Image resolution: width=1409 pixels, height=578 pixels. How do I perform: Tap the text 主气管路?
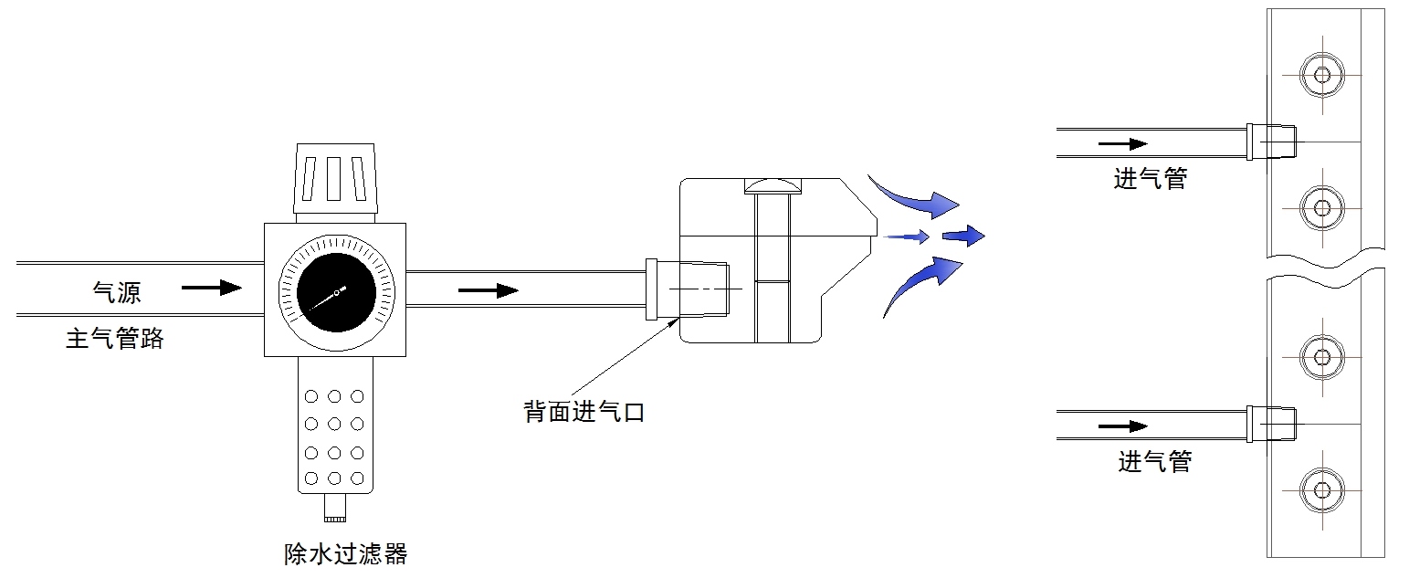(x=115, y=339)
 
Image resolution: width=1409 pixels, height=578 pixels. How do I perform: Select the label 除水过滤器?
(x=345, y=553)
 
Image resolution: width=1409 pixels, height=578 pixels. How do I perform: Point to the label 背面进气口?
(x=584, y=412)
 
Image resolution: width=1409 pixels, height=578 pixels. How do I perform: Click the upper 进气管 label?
(x=1150, y=178)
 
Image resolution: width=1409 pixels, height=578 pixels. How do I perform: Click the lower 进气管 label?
(x=1155, y=461)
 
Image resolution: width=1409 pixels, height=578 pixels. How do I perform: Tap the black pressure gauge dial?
(x=336, y=291)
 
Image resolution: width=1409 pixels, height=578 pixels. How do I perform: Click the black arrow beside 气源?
(x=212, y=289)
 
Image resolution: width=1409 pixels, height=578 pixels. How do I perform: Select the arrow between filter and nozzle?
(x=488, y=291)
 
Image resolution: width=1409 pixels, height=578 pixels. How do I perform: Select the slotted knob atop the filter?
(x=334, y=179)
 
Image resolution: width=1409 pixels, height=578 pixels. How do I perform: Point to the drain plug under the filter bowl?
(x=335, y=508)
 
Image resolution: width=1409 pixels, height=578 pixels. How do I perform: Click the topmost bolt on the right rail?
(x=1321, y=74)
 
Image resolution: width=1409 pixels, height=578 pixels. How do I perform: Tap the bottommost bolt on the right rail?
(x=1321, y=488)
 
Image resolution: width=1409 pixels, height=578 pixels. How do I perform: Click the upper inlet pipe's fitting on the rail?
(x=1271, y=142)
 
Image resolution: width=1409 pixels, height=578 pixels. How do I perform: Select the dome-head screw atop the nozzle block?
(x=773, y=186)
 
